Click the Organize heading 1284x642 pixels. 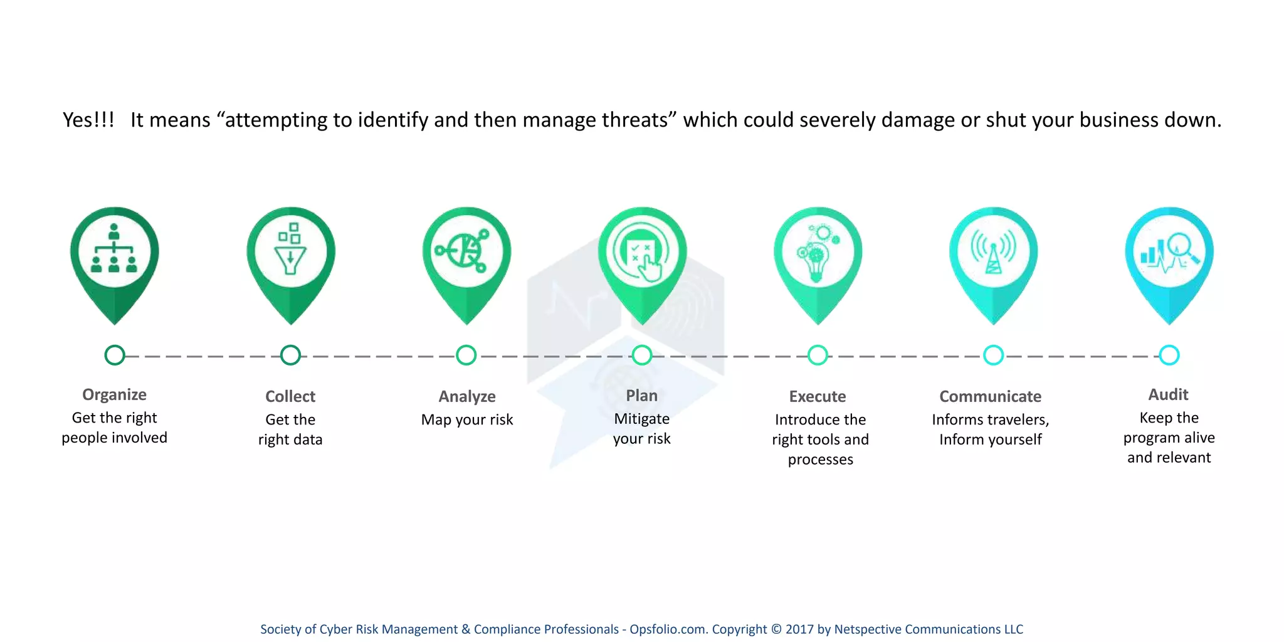tap(114, 394)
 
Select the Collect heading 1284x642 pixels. tap(290, 396)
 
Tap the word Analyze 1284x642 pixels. tap(467, 396)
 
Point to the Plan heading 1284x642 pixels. tap(641, 396)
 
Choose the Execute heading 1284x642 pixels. tap(818, 396)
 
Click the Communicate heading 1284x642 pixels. tap(990, 396)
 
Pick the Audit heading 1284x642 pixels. tap(1168, 394)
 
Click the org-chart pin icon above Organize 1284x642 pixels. tap(114, 251)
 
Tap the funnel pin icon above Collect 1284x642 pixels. tap(290, 251)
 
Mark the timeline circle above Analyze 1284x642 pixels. tap(466, 355)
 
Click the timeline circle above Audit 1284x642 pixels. tap(1169, 355)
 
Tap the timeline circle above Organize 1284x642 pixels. tap(115, 355)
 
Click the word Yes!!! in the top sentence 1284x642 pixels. tap(88, 120)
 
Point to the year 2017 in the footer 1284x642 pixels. tap(799, 629)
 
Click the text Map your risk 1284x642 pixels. tap(467, 419)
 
